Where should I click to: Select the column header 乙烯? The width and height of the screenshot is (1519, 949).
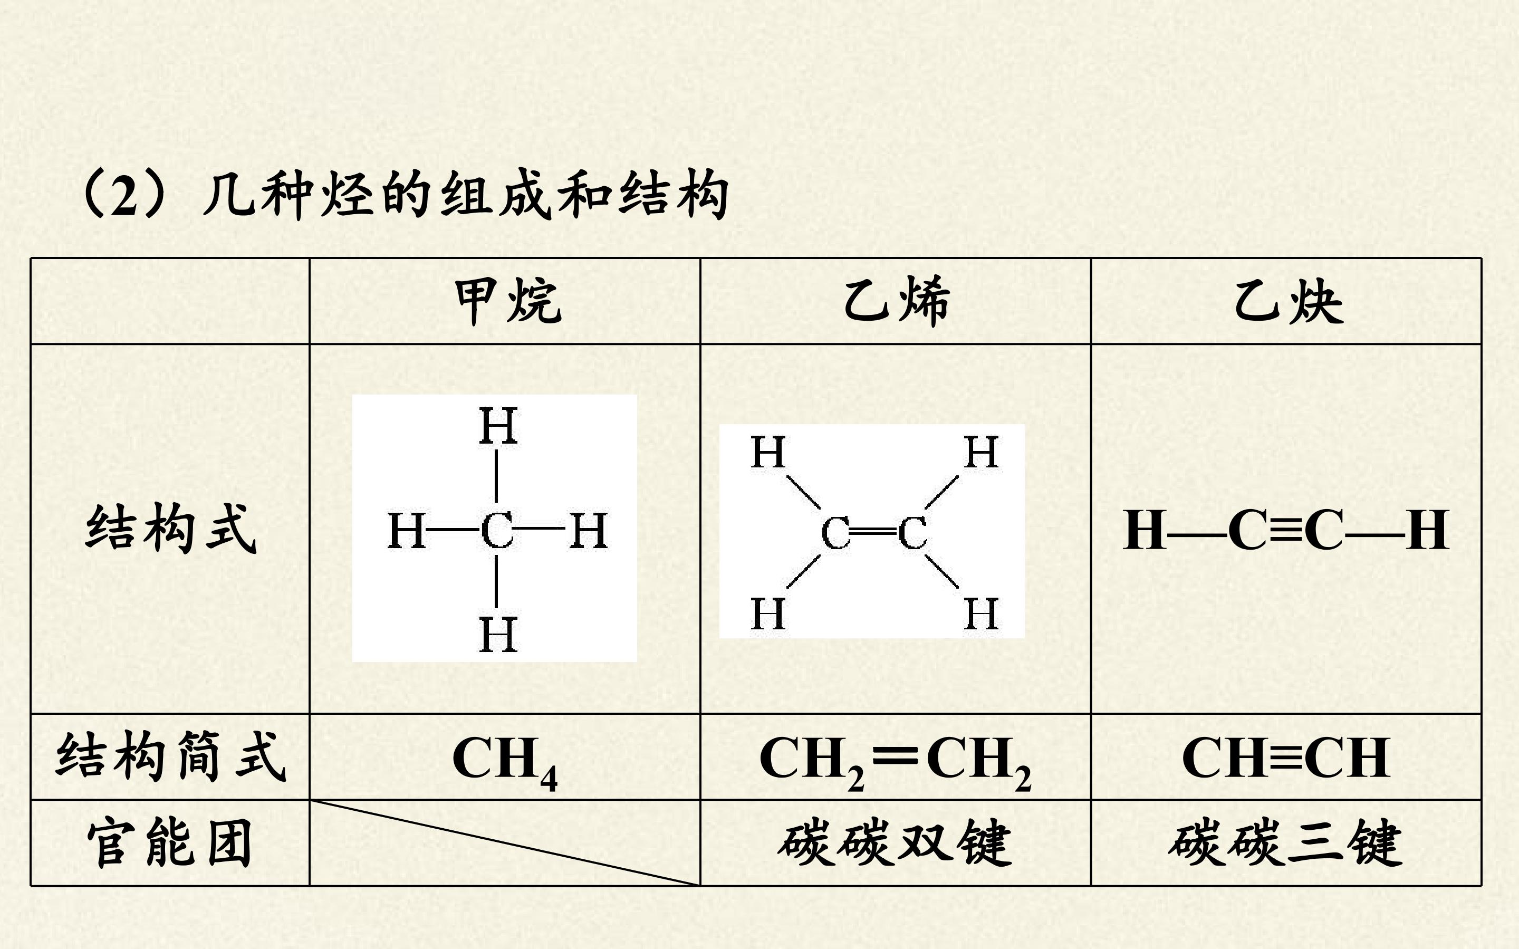[897, 302]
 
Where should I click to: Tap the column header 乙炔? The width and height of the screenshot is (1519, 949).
[1289, 302]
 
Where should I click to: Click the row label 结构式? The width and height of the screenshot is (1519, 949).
[171, 529]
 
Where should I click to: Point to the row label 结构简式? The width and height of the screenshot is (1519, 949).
[171, 756]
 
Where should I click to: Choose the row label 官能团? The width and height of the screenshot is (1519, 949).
[169, 843]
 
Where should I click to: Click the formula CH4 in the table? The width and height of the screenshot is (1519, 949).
[504, 761]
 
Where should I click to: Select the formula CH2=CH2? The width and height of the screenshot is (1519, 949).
[896, 761]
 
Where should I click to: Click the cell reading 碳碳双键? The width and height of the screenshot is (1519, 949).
[895, 843]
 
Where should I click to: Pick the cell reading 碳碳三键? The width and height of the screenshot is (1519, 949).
[1285, 843]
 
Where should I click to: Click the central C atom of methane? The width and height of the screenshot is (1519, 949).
[497, 530]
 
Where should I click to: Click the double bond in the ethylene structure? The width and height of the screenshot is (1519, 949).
[874, 532]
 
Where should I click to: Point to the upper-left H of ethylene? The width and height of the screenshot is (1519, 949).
[768, 452]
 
